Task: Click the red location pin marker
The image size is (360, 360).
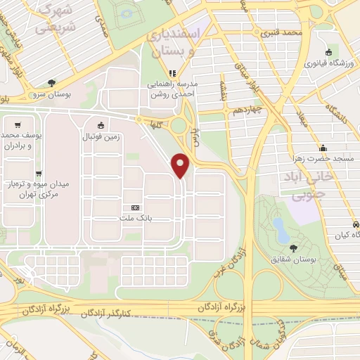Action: tap(181, 165)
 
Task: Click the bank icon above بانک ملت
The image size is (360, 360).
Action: tap(136, 208)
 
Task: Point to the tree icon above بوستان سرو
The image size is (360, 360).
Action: tap(51, 82)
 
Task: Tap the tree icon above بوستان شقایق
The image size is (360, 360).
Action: tap(293, 247)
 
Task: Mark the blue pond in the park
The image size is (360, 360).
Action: tap(281, 229)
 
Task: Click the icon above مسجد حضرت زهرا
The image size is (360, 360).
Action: tap(323, 148)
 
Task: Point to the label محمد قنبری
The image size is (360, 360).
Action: tap(281, 33)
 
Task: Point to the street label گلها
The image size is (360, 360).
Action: tap(155, 124)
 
